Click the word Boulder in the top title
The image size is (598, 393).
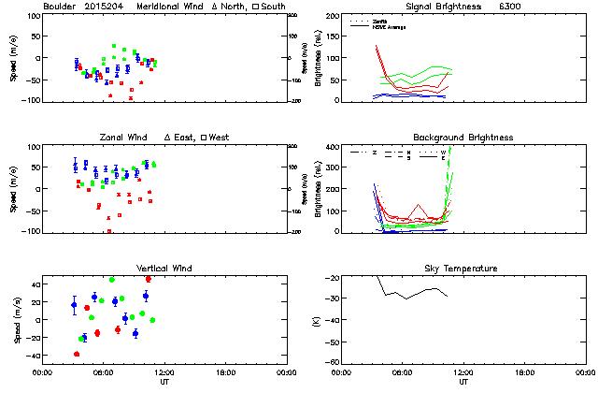[60, 7]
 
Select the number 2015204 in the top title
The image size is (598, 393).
[105, 7]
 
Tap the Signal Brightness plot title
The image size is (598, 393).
[443, 7]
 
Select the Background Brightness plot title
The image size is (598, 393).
[463, 138]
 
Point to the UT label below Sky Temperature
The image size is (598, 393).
[463, 381]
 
